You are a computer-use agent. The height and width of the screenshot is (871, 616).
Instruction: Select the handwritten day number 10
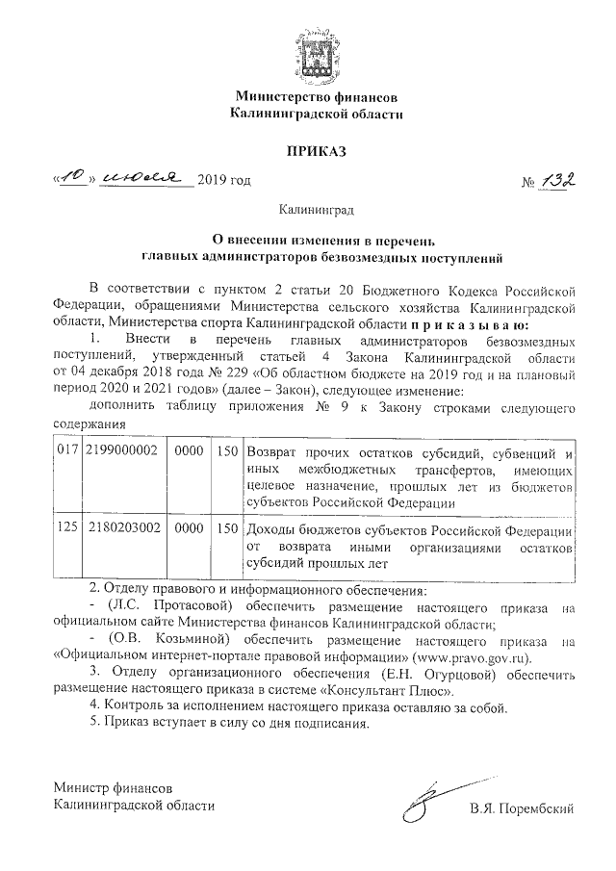73,179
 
